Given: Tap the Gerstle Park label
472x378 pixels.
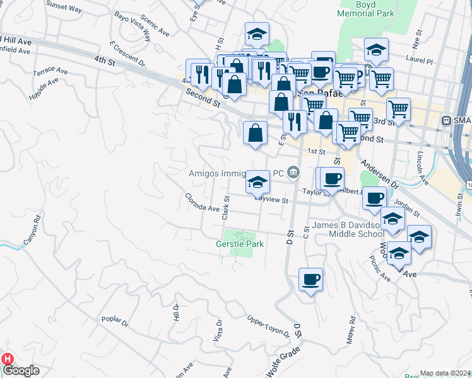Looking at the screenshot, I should coord(239,243).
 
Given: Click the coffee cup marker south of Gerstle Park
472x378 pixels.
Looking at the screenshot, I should coord(310,279).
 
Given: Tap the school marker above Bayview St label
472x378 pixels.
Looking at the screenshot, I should coord(257,181).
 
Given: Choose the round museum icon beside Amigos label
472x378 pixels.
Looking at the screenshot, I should coord(293,172).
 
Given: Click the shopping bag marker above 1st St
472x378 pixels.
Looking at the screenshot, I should coord(255,133).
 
